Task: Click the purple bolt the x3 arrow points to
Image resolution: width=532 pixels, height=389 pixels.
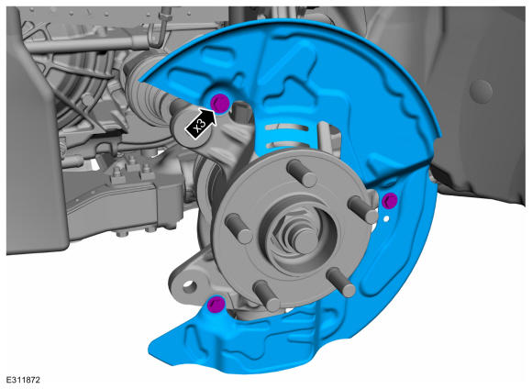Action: (x=220, y=103)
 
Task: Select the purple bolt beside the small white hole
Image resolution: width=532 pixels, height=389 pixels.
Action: (x=389, y=200)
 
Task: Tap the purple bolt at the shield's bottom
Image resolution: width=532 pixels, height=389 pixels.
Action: (x=216, y=305)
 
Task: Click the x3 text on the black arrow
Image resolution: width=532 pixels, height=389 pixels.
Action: (x=199, y=126)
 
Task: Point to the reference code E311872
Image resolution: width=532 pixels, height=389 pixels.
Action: (x=23, y=380)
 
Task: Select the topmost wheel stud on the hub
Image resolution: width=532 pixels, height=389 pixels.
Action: (x=302, y=172)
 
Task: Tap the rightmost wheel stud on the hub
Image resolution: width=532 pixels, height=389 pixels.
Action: (x=363, y=209)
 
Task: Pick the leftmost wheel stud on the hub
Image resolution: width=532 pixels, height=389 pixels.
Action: (x=238, y=228)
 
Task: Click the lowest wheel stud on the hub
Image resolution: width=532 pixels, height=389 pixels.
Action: (x=267, y=295)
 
